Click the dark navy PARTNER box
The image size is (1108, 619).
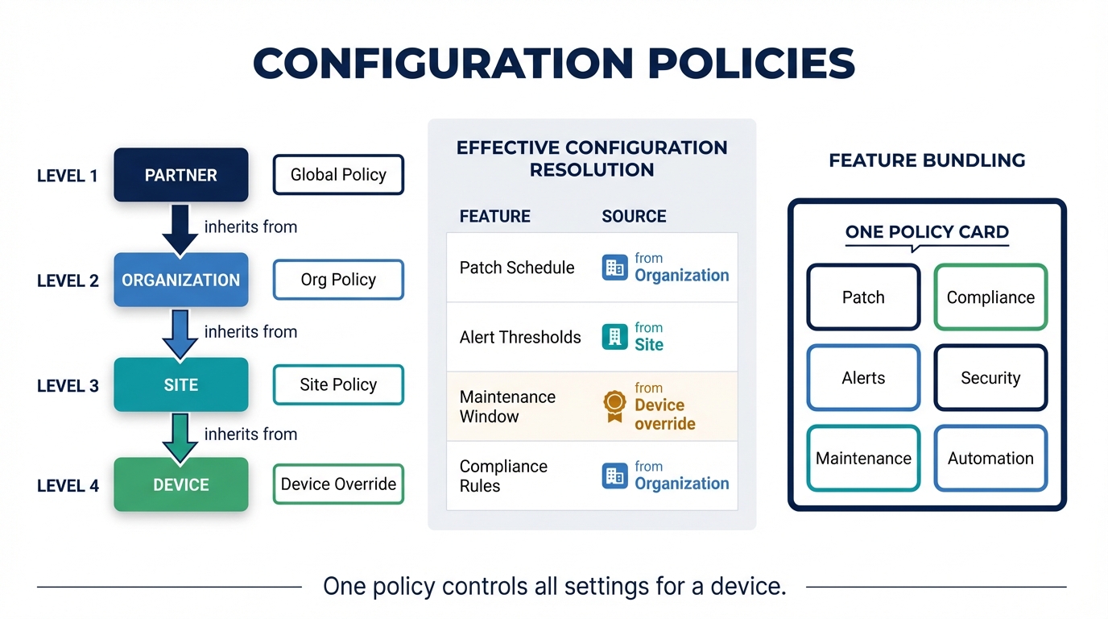[x=180, y=175]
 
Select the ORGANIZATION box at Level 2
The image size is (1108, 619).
[x=180, y=280]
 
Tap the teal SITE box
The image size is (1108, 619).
[x=180, y=384]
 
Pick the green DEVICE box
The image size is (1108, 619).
[x=180, y=484]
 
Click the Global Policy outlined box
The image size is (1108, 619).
[x=338, y=175]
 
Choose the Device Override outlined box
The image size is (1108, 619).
[x=338, y=484]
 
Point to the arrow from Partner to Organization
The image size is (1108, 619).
[x=180, y=229]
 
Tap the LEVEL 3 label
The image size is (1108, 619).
[x=68, y=385]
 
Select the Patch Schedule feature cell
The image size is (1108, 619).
[x=517, y=268]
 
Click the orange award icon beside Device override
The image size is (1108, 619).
[x=614, y=405]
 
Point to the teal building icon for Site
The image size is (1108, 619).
[x=614, y=336]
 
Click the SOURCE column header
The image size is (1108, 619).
[x=634, y=216]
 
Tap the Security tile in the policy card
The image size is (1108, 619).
[x=990, y=378]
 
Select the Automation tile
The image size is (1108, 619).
[x=990, y=458]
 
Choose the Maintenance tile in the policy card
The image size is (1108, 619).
[x=863, y=458]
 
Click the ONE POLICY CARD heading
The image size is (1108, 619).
[x=927, y=232]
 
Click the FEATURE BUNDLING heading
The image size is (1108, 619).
[x=927, y=160]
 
